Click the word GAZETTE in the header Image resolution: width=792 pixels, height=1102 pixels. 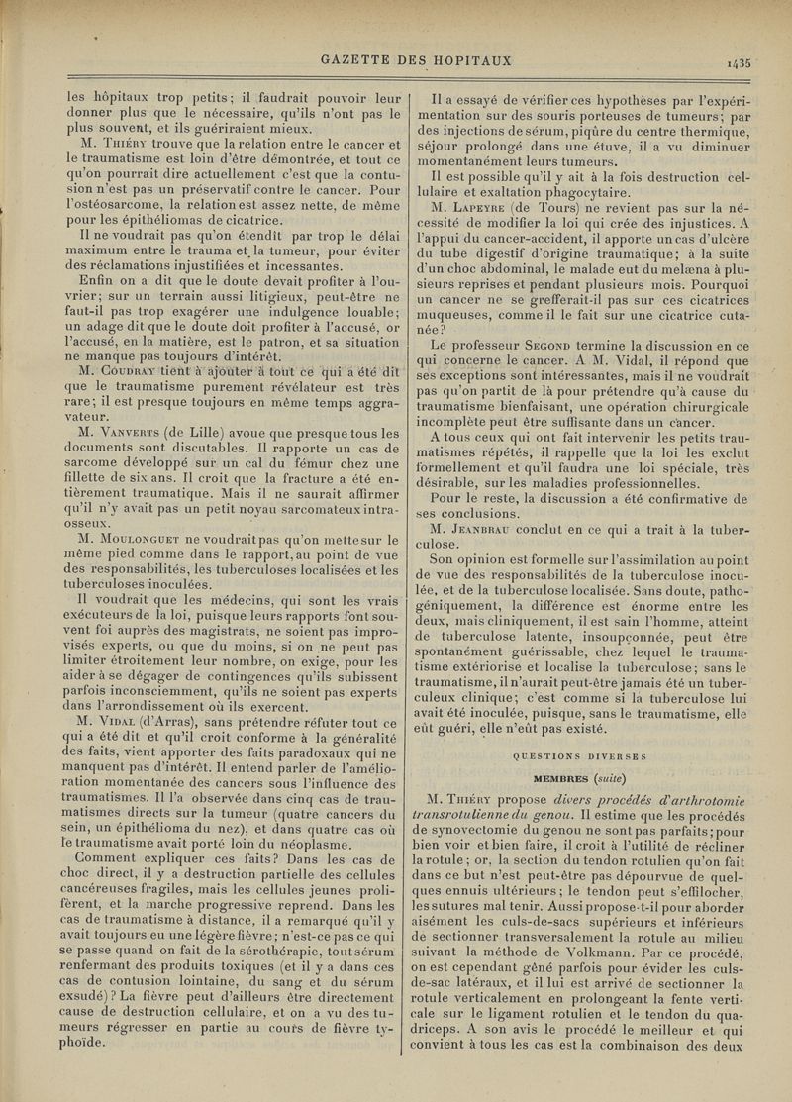(358, 60)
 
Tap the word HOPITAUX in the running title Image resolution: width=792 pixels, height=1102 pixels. (470, 60)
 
